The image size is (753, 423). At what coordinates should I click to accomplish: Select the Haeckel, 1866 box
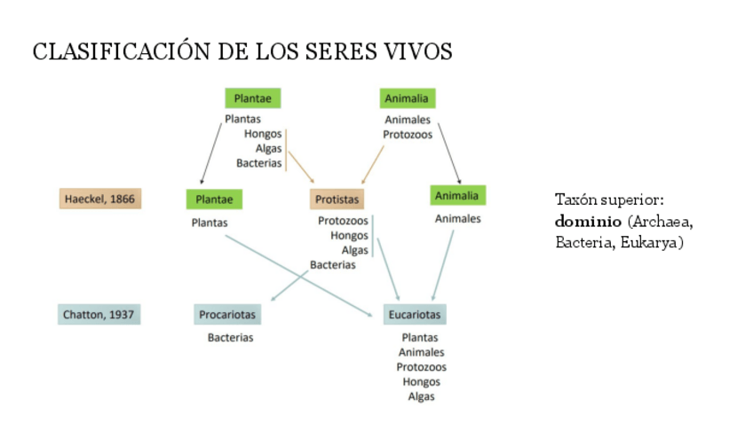[x=99, y=199]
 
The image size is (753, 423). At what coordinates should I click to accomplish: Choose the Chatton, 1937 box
[x=99, y=314]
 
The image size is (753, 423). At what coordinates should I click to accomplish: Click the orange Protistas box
[x=336, y=200]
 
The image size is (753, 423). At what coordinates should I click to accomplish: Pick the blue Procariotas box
[x=227, y=315]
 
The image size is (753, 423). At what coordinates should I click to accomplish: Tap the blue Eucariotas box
[x=415, y=315]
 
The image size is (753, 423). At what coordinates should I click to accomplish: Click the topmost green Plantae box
[x=253, y=98]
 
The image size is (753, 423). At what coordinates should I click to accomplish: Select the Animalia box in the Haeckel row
[x=458, y=195]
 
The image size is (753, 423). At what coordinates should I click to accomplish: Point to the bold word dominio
[x=587, y=221]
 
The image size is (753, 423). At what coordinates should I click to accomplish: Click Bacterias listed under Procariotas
[x=231, y=338]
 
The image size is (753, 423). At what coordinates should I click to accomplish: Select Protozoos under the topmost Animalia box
[x=408, y=135]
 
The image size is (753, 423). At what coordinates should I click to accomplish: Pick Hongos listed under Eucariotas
[x=421, y=382]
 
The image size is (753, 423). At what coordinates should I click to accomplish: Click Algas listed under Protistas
[x=355, y=250]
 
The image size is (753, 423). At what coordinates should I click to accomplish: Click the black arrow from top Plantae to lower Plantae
[x=211, y=153]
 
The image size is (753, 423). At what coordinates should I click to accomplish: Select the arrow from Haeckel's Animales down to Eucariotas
[x=443, y=264]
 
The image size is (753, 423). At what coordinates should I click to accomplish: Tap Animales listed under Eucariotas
[x=421, y=352]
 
